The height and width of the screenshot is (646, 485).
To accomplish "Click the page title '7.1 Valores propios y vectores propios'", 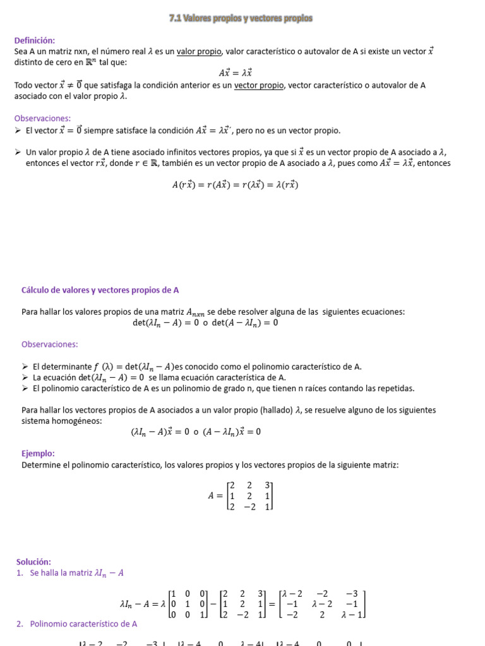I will [x=241, y=19].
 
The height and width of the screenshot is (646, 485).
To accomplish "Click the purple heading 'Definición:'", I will [x=35, y=40].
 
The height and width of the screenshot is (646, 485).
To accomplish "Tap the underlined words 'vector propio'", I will [x=259, y=85].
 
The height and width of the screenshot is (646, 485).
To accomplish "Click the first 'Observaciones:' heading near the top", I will [x=42, y=118].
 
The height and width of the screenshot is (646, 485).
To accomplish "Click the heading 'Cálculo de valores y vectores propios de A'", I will [x=100, y=290].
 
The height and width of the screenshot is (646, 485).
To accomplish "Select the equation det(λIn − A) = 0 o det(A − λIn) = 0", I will [x=205, y=322].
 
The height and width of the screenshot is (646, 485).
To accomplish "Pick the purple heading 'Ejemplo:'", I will [x=38, y=454].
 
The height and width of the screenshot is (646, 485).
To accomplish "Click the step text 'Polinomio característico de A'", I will [x=83, y=624].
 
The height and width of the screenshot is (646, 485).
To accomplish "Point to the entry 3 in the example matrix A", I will [x=268, y=484].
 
